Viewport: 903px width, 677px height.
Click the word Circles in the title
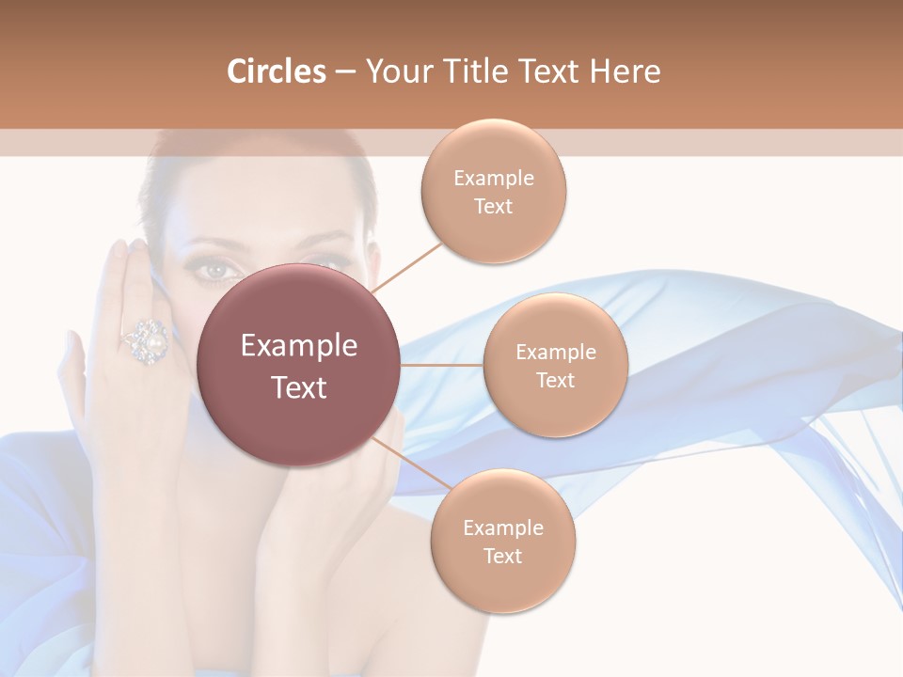[x=276, y=71]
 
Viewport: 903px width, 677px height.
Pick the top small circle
[x=493, y=191]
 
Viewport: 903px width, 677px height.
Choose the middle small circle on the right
[x=555, y=365]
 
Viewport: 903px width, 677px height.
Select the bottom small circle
[x=502, y=541]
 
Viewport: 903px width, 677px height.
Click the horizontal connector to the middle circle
[x=442, y=365]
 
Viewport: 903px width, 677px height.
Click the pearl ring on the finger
[x=147, y=340]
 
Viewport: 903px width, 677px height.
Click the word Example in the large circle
[x=299, y=346]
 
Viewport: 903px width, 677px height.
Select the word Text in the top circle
[x=493, y=207]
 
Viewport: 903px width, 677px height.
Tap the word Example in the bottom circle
[x=502, y=527]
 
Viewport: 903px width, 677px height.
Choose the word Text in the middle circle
[x=555, y=381]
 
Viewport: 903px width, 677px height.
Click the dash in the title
[x=345, y=71]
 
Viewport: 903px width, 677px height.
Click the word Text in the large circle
[x=299, y=387]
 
